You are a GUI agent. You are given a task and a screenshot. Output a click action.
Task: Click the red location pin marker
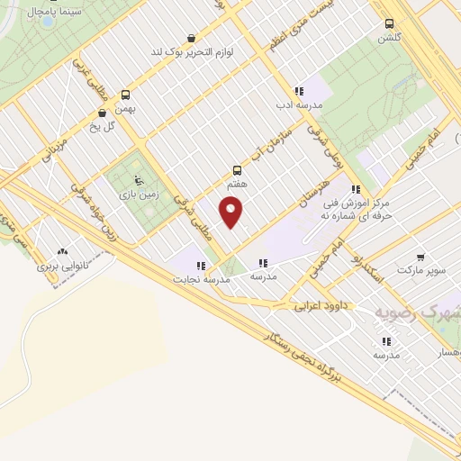(x=232, y=212)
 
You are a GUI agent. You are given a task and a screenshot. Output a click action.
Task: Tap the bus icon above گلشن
(x=389, y=23)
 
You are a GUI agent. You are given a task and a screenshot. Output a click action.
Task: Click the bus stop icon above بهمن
(x=124, y=95)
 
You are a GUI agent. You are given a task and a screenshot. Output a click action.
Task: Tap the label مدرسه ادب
(x=300, y=104)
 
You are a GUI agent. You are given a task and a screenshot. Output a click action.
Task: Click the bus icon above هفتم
(x=237, y=168)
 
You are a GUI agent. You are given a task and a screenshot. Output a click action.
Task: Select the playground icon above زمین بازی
(x=137, y=177)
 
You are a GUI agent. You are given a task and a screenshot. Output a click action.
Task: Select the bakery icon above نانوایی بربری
(x=62, y=253)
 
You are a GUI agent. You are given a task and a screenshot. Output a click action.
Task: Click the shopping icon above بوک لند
(x=191, y=38)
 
